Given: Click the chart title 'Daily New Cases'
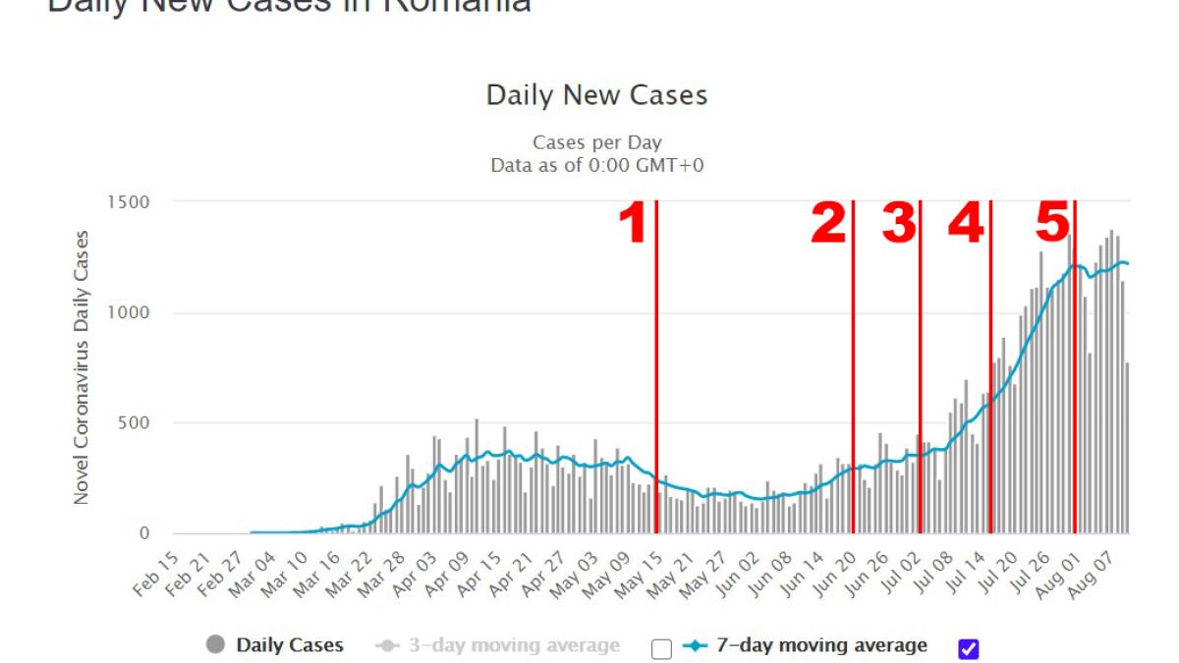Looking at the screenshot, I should pos(596,95).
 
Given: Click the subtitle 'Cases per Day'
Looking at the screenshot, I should pos(596,143).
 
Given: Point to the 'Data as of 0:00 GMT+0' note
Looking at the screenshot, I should pos(596,166).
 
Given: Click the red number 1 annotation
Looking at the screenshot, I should pos(632,224).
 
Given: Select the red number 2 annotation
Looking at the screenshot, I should pos(828,224).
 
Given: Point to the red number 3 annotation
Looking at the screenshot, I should pos(898,224).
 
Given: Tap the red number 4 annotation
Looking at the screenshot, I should pos(966,224).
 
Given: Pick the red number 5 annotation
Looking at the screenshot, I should pos(1052,224).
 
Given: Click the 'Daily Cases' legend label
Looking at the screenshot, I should pos(290,645).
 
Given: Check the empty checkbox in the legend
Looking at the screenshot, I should pos(661,649).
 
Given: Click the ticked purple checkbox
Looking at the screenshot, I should pos(969,648).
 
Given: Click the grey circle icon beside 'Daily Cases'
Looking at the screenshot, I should pos(216,645).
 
